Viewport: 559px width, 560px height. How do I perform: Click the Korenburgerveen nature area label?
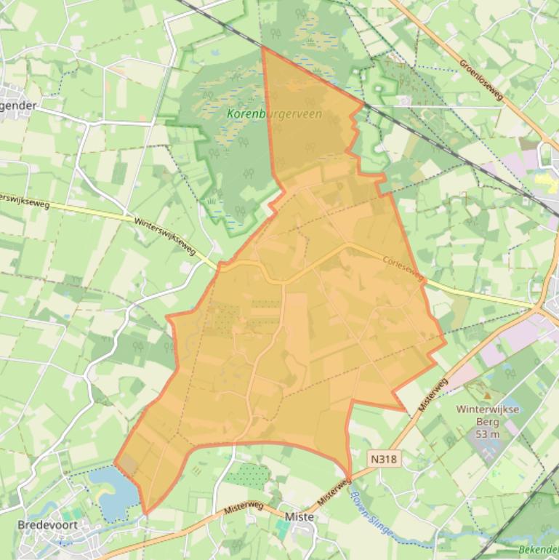click(274, 114)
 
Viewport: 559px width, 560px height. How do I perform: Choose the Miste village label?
click(300, 516)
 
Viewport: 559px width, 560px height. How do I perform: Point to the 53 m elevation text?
click(488, 434)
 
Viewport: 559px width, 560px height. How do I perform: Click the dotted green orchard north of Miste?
click(249, 475)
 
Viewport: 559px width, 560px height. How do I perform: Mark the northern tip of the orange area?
click(262, 49)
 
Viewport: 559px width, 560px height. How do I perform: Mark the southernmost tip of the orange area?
click(146, 513)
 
